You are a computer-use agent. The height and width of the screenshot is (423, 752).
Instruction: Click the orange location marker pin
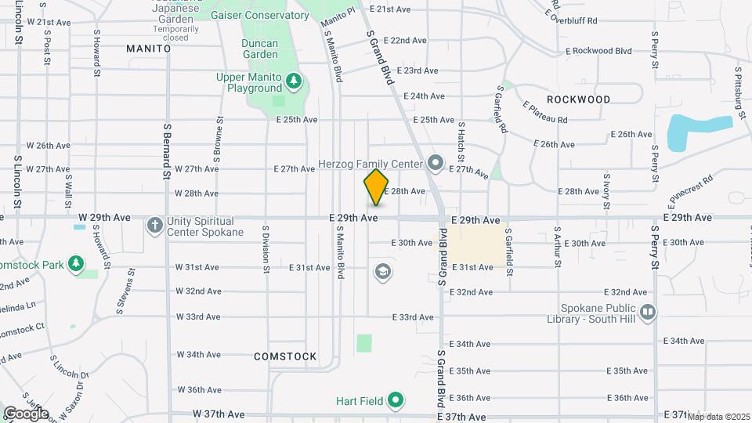[x=377, y=186]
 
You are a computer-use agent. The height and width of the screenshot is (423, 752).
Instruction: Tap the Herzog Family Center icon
[x=436, y=164]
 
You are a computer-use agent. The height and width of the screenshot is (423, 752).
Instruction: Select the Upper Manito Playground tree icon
[x=294, y=81]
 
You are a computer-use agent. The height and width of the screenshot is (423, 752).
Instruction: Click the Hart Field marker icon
[x=396, y=402]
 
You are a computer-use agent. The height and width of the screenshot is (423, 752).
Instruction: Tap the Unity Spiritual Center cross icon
[x=155, y=226]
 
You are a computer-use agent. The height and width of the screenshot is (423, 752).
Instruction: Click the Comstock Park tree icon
[x=76, y=265]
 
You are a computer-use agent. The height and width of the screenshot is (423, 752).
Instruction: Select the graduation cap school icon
[x=383, y=272]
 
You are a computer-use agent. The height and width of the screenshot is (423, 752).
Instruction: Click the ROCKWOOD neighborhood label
[x=578, y=99]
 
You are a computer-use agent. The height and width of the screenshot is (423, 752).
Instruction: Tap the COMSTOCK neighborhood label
[x=285, y=356]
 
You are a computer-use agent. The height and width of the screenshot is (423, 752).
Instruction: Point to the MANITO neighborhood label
[x=148, y=49]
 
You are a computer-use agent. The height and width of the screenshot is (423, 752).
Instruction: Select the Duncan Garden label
[x=259, y=49]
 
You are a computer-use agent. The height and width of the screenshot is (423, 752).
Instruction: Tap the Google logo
[x=26, y=413]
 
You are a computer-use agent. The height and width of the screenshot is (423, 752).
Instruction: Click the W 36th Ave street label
[x=199, y=389]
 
